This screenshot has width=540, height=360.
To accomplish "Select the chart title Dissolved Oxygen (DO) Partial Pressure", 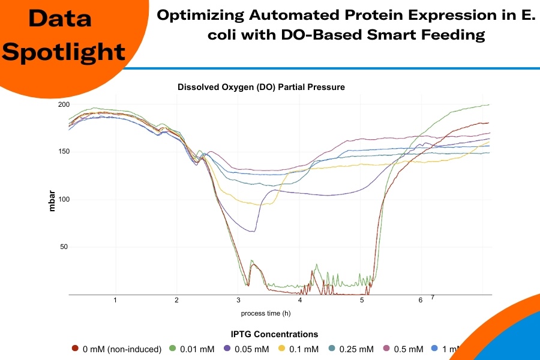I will [x=261, y=87].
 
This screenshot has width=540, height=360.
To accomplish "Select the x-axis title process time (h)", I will [x=266, y=313].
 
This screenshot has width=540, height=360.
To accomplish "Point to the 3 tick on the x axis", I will [x=238, y=300].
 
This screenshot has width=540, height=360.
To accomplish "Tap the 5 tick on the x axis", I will [x=362, y=300].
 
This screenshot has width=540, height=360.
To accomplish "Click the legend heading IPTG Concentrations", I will [x=274, y=334].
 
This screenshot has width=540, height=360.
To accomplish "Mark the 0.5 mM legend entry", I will [x=412, y=349].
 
